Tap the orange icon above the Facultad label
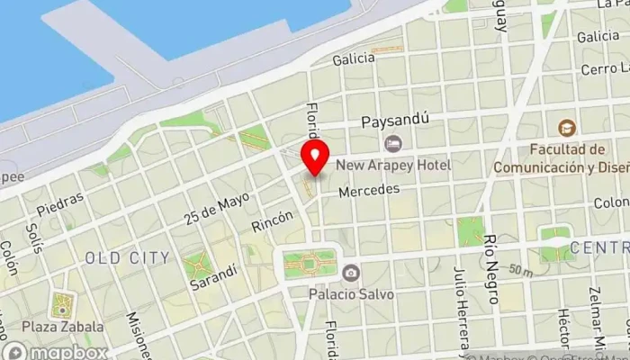pos(566,128)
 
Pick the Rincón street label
pos(273,221)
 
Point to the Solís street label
pos(34,236)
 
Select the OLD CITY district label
pos(127,258)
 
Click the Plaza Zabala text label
pos(64,326)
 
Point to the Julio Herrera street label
pos(461,315)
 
